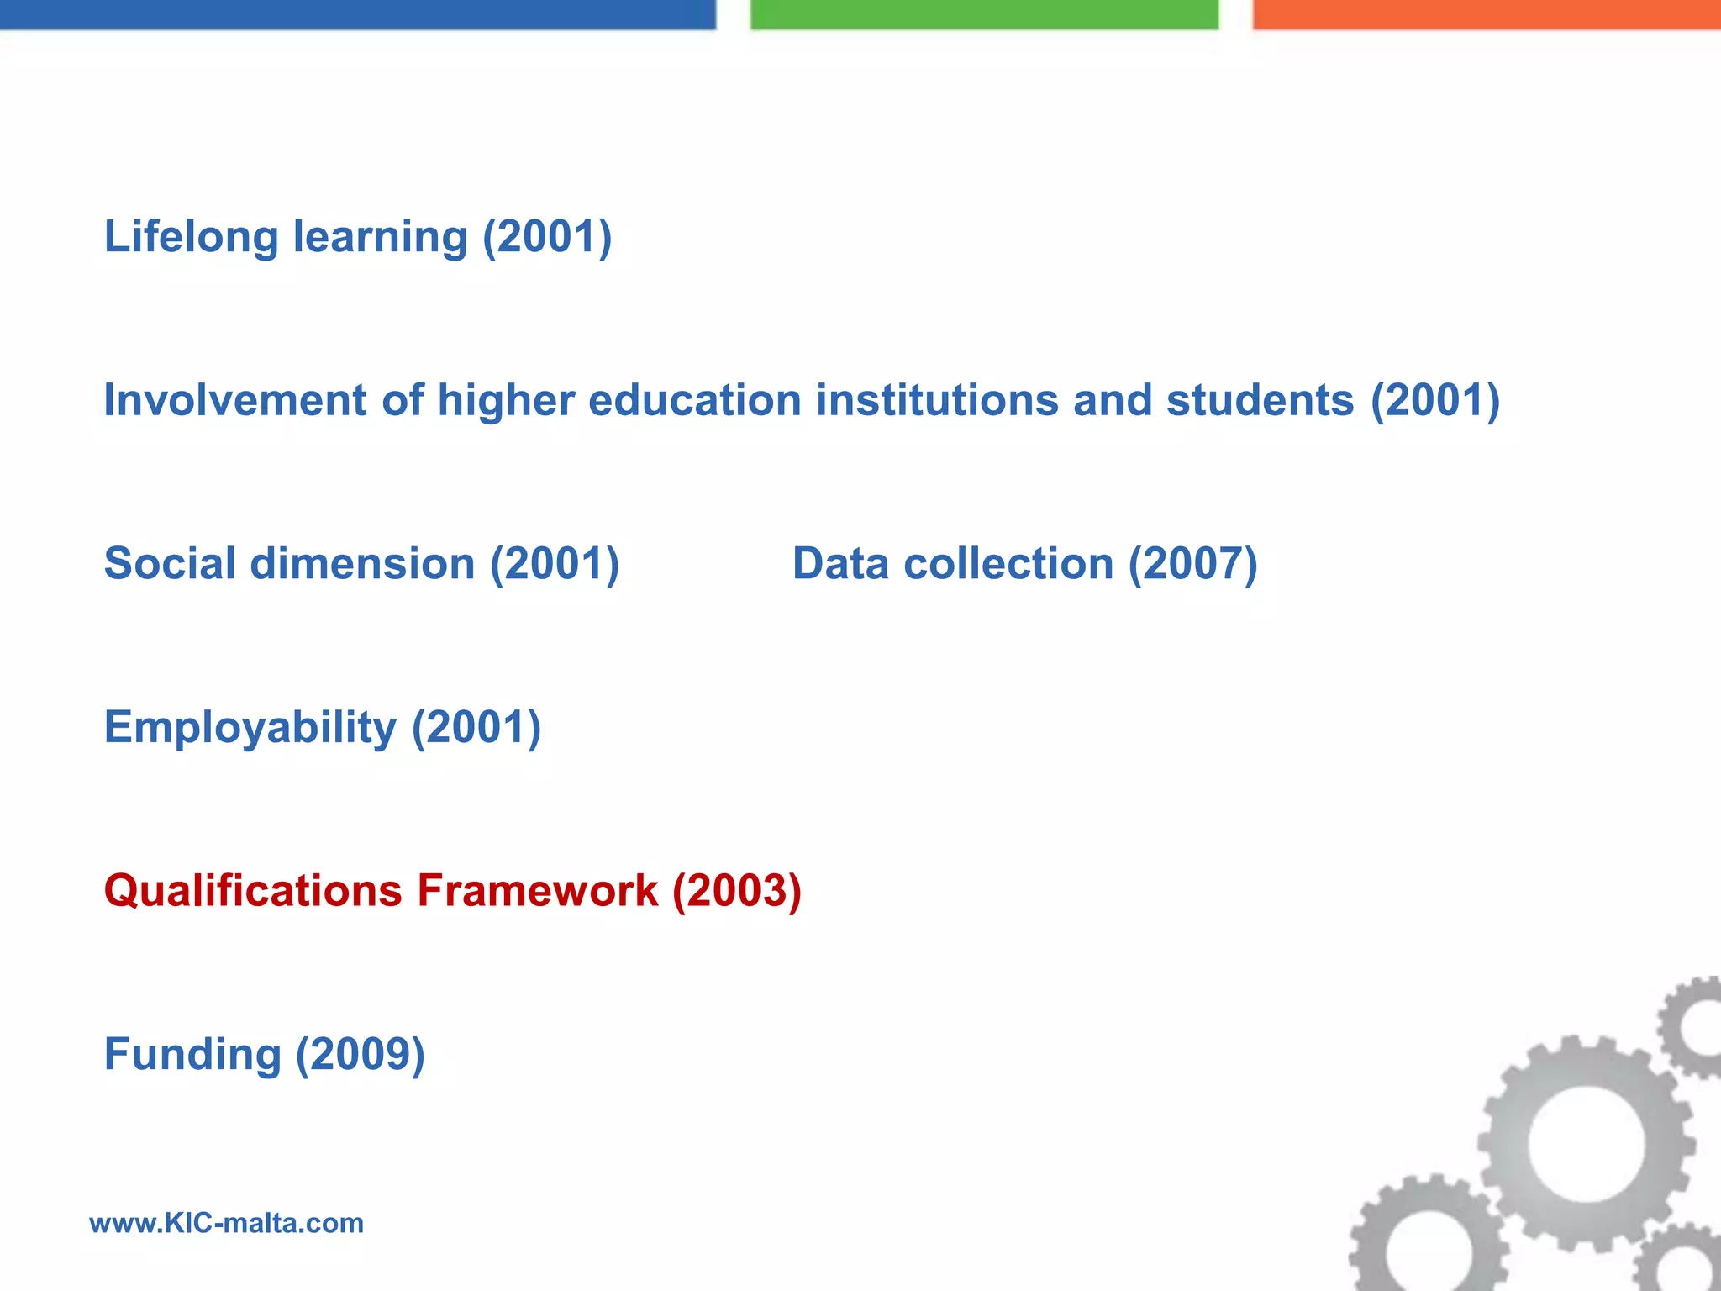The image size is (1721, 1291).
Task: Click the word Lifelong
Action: [x=191, y=236]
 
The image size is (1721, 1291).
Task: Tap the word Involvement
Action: [x=234, y=400]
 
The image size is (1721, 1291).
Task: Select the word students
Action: [x=1260, y=400]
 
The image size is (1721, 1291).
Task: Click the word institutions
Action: [x=936, y=400]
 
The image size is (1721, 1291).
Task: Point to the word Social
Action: [x=170, y=563]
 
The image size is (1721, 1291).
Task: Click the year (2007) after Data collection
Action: [x=1192, y=563]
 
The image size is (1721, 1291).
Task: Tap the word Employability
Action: [x=250, y=728]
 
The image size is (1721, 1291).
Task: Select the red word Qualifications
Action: [x=252, y=891]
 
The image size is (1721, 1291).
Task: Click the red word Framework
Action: [x=537, y=891]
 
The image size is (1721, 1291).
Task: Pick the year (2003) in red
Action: [x=737, y=891]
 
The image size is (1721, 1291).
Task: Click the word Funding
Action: [x=192, y=1055]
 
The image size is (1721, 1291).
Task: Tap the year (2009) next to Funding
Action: [x=360, y=1055]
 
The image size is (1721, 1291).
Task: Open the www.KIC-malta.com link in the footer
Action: [x=226, y=1223]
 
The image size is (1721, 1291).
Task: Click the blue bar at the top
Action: [x=357, y=14]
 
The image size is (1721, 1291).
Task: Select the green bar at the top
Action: [x=983, y=14]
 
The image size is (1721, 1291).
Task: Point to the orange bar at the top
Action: [x=1486, y=14]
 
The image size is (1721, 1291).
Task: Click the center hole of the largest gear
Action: [x=1586, y=1144]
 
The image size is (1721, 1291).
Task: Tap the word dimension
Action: [x=362, y=563]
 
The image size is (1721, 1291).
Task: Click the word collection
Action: [x=1008, y=563]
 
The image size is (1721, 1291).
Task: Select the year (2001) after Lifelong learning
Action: [x=547, y=236]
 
